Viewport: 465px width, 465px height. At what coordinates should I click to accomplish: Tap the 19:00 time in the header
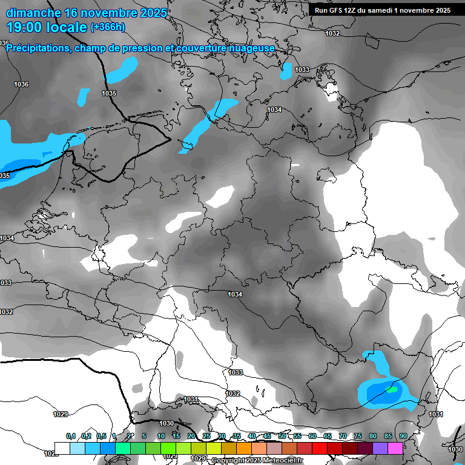click(x=27, y=27)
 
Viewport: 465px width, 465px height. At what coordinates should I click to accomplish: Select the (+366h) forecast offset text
click(x=108, y=27)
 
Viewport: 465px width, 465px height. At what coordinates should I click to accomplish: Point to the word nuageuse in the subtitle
click(x=254, y=48)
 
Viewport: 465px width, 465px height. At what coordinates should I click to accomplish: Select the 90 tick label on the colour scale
click(x=403, y=436)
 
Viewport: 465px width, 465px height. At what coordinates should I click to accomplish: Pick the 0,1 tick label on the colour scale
click(x=71, y=436)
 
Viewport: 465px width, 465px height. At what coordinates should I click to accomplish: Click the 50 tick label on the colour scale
click(x=282, y=436)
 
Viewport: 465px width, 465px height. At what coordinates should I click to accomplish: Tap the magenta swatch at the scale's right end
click(x=395, y=448)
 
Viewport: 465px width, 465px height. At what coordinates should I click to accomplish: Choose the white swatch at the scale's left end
click(x=62, y=448)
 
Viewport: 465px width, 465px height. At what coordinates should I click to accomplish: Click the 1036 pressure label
click(x=21, y=84)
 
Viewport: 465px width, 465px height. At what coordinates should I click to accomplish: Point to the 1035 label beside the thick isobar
click(x=109, y=93)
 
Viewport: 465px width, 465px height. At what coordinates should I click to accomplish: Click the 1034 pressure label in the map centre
click(x=235, y=294)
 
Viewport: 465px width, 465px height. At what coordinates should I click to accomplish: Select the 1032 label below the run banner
click(x=332, y=33)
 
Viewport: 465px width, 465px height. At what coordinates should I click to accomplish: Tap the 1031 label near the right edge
click(x=436, y=414)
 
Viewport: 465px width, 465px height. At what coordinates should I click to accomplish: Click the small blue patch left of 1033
click(x=286, y=71)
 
